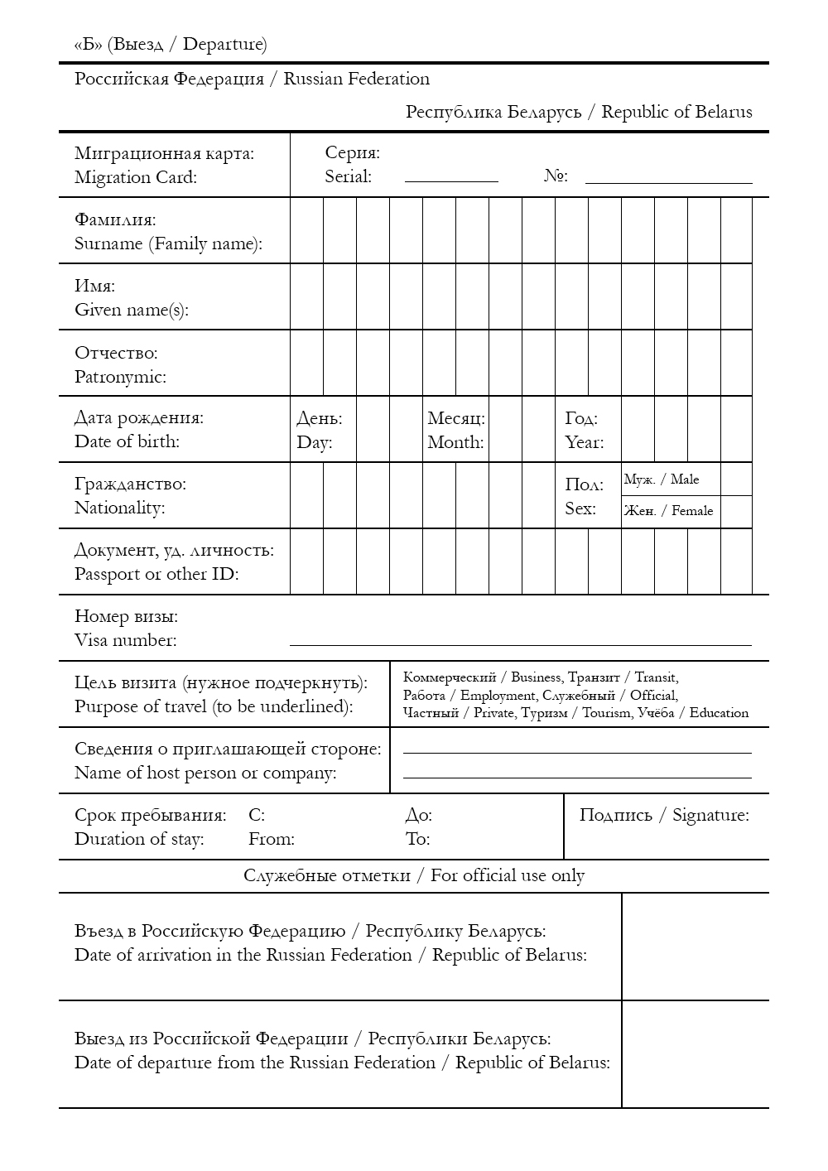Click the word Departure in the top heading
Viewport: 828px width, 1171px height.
click(x=224, y=44)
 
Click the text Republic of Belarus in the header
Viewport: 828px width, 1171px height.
click(x=676, y=112)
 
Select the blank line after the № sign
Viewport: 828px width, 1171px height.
click(x=668, y=177)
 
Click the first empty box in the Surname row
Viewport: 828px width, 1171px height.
click(x=306, y=230)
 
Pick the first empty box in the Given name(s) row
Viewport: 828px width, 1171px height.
click(x=306, y=296)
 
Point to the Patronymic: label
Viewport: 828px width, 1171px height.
click(x=120, y=377)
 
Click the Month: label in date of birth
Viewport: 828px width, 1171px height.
click(x=455, y=442)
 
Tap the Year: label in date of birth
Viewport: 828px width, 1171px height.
click(x=584, y=442)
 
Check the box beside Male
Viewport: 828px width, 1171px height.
click(x=736, y=479)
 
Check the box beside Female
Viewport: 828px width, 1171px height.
click(x=736, y=512)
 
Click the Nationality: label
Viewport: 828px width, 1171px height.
click(x=119, y=508)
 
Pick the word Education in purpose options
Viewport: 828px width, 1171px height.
click(x=719, y=713)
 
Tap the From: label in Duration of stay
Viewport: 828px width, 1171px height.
click(x=271, y=839)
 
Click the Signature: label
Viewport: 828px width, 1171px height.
click(x=710, y=815)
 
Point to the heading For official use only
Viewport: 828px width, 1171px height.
click(x=507, y=875)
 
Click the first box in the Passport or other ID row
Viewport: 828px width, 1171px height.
click(x=306, y=561)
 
